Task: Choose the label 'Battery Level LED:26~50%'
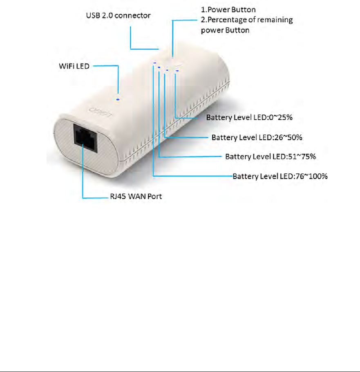(257, 137)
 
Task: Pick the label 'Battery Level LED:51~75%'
(271, 157)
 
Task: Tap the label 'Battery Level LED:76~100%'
(280, 177)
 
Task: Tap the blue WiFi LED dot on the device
(118, 99)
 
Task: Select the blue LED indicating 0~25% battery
(177, 71)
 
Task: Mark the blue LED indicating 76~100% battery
(155, 63)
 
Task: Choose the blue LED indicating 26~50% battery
(167, 70)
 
